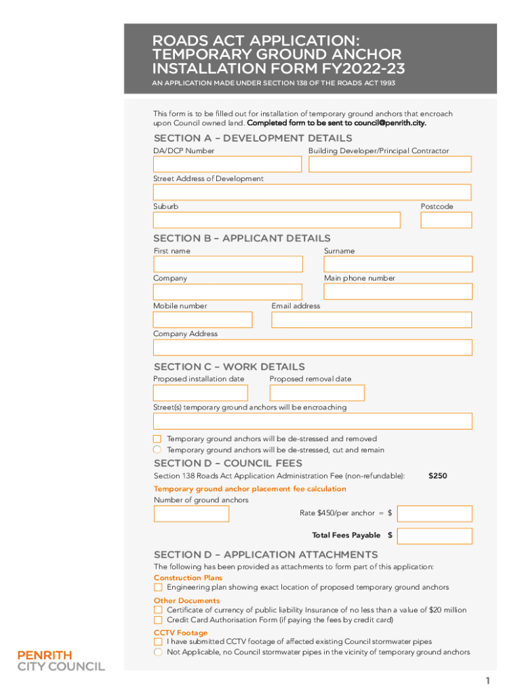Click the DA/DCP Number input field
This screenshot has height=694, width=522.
click(x=227, y=164)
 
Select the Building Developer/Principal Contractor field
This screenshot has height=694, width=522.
click(x=390, y=164)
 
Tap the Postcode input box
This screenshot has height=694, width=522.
click(x=446, y=220)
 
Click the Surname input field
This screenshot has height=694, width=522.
click(x=398, y=264)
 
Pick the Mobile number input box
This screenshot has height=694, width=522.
click(x=202, y=319)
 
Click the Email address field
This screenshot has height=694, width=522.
click(x=372, y=319)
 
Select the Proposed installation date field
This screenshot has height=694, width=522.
click(x=200, y=393)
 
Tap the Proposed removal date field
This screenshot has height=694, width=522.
click(x=317, y=393)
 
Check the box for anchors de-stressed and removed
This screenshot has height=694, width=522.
click(x=157, y=439)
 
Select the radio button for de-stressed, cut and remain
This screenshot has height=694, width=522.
click(x=157, y=449)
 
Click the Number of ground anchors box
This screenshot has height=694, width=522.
click(x=191, y=514)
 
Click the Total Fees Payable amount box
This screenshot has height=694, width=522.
click(x=435, y=536)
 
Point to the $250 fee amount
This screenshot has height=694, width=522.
click(x=438, y=476)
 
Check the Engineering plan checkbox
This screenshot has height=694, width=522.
click(x=158, y=588)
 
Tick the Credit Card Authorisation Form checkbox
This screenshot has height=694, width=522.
click(x=158, y=620)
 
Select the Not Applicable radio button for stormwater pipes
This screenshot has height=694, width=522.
click(x=157, y=652)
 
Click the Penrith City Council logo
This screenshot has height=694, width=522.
click(x=61, y=661)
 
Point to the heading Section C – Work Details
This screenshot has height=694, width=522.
click(x=229, y=367)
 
